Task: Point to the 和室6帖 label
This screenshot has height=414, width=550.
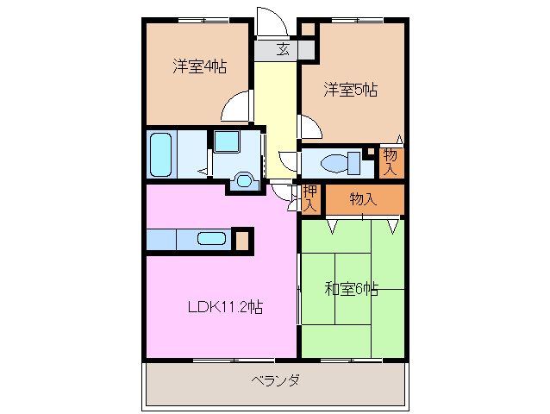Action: pos(351,289)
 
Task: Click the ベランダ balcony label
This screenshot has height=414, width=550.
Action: pos(275,381)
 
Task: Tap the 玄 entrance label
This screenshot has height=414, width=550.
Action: pos(283,49)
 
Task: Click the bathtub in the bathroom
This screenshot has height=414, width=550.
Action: pos(161,154)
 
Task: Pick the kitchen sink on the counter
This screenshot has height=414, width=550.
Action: pos(210,240)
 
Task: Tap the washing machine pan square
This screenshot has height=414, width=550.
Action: pos(229,142)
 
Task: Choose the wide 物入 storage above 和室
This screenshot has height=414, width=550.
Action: pos(363,199)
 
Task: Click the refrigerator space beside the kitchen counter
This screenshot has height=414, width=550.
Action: pos(244,240)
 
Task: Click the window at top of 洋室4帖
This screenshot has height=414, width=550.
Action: pos(191,19)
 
